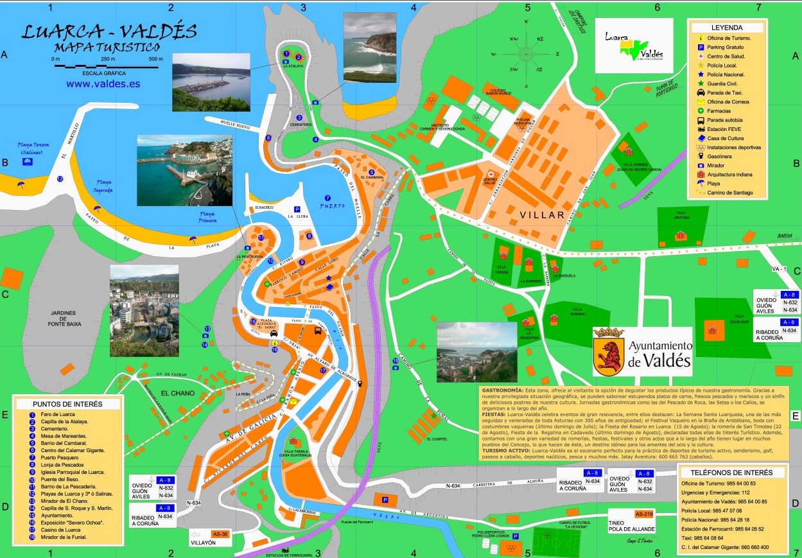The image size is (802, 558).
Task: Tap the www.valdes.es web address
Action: point(103,83)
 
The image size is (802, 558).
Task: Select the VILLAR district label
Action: point(543,215)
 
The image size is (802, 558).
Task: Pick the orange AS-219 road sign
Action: point(643,514)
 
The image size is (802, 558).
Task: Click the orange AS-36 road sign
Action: point(220,534)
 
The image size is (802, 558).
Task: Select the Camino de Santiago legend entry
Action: point(731,193)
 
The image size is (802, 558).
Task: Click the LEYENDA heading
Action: point(727,28)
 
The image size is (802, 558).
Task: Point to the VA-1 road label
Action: point(779,268)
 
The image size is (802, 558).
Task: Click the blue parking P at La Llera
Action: point(297,209)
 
